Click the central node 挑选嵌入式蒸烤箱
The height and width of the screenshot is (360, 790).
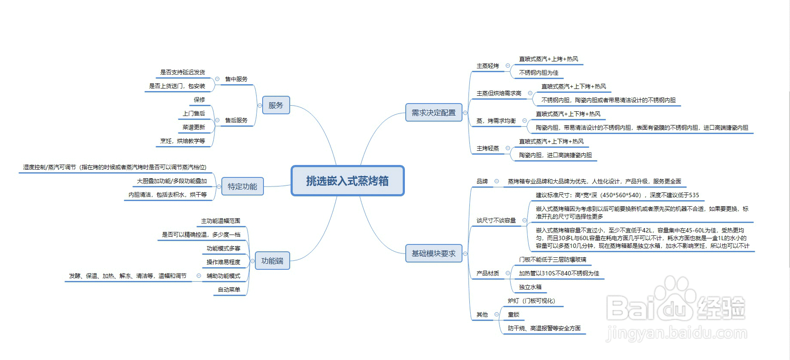(x=347, y=181)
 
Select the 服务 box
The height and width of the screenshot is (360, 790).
(x=276, y=105)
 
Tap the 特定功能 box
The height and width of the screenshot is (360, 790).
(x=242, y=186)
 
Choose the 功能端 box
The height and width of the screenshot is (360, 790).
(x=272, y=261)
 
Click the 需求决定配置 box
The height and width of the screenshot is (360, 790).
(x=433, y=113)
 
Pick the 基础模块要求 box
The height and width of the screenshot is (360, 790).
(x=433, y=253)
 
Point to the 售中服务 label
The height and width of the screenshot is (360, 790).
(x=236, y=79)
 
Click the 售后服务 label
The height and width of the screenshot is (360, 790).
(x=236, y=120)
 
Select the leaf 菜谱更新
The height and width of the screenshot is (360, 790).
(x=194, y=127)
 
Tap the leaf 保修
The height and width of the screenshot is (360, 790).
(x=199, y=100)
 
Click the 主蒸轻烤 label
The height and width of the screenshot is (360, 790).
(x=488, y=66)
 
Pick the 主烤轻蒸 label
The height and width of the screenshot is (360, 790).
(x=488, y=148)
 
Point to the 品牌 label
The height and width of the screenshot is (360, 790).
(x=482, y=181)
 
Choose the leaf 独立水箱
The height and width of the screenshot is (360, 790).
(x=530, y=287)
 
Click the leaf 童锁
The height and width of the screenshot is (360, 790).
(x=514, y=314)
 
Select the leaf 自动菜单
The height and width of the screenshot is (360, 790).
(x=229, y=290)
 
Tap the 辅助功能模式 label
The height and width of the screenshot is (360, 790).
(x=224, y=276)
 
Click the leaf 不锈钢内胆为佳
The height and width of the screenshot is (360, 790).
(x=539, y=73)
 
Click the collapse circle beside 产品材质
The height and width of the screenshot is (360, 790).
(x=508, y=273)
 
